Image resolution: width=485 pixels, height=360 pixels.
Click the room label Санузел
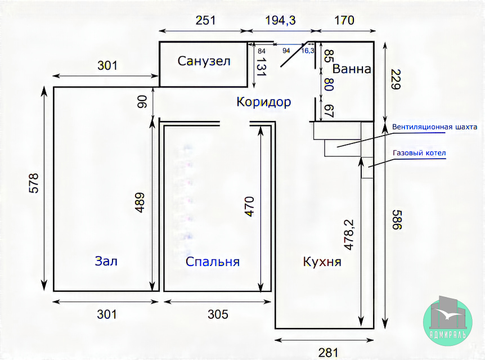[x=204, y=61]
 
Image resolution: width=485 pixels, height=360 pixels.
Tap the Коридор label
[x=264, y=102]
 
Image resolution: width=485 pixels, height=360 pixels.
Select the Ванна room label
[x=352, y=69]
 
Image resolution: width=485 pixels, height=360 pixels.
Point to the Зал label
[x=106, y=261]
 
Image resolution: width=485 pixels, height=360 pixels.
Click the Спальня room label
[x=213, y=262]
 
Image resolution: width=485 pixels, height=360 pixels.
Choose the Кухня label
[x=322, y=262]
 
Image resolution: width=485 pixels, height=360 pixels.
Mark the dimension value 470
[x=249, y=206]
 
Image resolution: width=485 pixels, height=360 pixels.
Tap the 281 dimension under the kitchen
[x=328, y=353]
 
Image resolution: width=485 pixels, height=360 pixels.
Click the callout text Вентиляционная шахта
[x=435, y=127]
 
